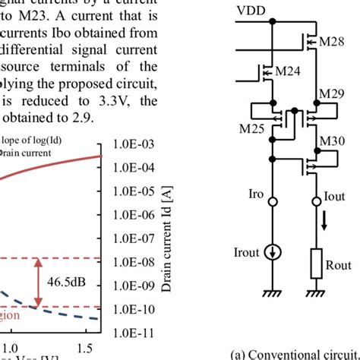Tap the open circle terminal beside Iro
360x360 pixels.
(271, 202)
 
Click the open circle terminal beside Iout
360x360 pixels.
(317, 202)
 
